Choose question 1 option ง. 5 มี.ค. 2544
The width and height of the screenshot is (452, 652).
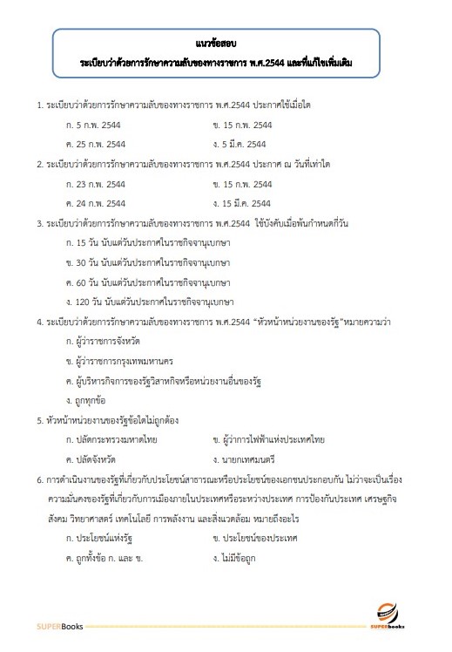tap(239, 144)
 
